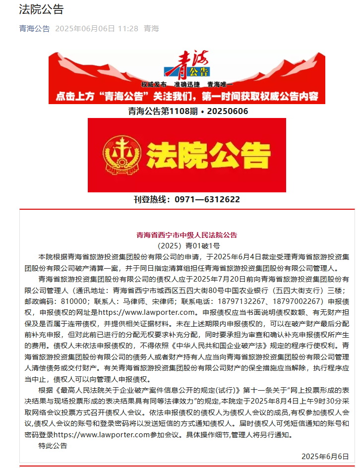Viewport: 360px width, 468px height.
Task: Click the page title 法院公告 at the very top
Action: point(41,9)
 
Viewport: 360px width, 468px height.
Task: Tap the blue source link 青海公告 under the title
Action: point(34,28)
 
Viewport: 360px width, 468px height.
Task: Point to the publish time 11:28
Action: point(128,28)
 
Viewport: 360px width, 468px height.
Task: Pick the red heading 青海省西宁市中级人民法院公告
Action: point(187,235)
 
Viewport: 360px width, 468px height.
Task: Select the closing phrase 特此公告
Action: point(53,445)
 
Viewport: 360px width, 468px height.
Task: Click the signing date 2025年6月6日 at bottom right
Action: point(325,456)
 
